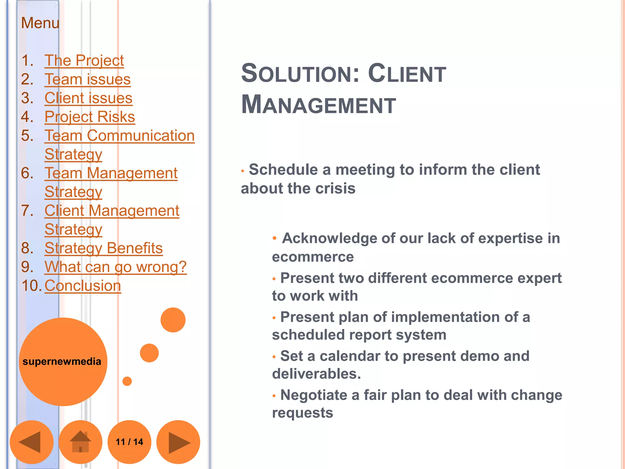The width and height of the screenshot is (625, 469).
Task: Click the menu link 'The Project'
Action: point(84,60)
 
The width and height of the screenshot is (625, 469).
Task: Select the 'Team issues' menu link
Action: point(87,79)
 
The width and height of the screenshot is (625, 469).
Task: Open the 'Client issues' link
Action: point(88,98)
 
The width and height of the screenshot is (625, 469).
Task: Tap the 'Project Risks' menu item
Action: point(89,117)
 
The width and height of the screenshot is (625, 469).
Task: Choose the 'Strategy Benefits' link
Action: point(103,248)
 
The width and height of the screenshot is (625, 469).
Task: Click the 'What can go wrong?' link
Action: point(115,267)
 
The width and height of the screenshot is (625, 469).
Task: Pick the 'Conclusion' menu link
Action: point(83,286)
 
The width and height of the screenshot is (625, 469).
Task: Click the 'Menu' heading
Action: point(40,23)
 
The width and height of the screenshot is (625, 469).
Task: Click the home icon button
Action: point(80,442)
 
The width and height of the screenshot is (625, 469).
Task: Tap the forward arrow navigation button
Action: point(178,442)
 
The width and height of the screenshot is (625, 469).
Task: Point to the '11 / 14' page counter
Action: point(129,442)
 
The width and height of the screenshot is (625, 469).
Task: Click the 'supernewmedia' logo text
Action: point(62,362)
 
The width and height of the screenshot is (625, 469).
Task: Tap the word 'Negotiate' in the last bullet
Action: point(313,395)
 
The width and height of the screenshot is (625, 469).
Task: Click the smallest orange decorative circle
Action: point(127,381)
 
